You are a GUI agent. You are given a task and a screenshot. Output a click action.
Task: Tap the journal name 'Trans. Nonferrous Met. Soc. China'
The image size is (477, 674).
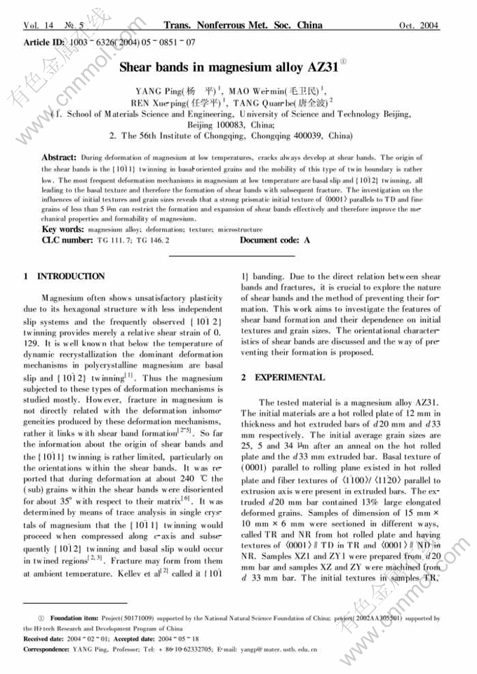pos(243,26)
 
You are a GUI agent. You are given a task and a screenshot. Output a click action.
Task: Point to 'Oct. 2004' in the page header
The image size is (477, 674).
pos(419,26)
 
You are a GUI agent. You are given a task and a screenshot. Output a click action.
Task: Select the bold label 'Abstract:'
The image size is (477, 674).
pos(59,159)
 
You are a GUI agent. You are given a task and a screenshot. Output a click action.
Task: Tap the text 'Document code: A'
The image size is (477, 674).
pos(275,240)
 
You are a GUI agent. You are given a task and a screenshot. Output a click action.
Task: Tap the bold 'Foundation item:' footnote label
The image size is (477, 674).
pos(78,619)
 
